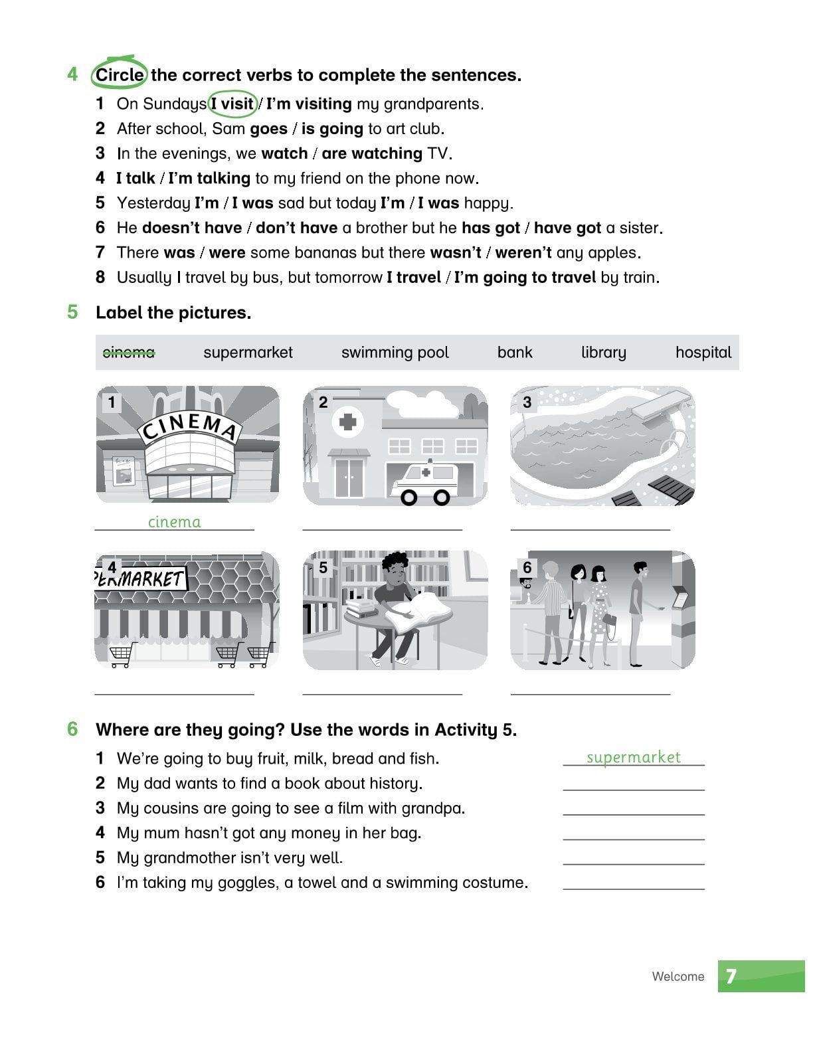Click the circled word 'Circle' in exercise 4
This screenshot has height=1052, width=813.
click(119, 75)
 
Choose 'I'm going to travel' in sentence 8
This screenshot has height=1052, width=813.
click(524, 277)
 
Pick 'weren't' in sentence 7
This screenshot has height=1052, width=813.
click(523, 252)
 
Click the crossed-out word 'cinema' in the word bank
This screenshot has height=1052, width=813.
click(129, 352)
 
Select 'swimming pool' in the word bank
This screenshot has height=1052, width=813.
click(395, 352)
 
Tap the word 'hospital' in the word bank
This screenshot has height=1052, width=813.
click(703, 352)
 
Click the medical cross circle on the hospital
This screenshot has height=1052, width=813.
click(347, 422)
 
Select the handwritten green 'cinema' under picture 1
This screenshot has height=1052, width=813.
click(174, 522)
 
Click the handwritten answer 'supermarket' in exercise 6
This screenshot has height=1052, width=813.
click(633, 757)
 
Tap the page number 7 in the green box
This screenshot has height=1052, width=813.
click(731, 976)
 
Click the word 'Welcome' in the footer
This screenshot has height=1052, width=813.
click(677, 976)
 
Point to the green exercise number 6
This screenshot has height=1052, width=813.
click(72, 729)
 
